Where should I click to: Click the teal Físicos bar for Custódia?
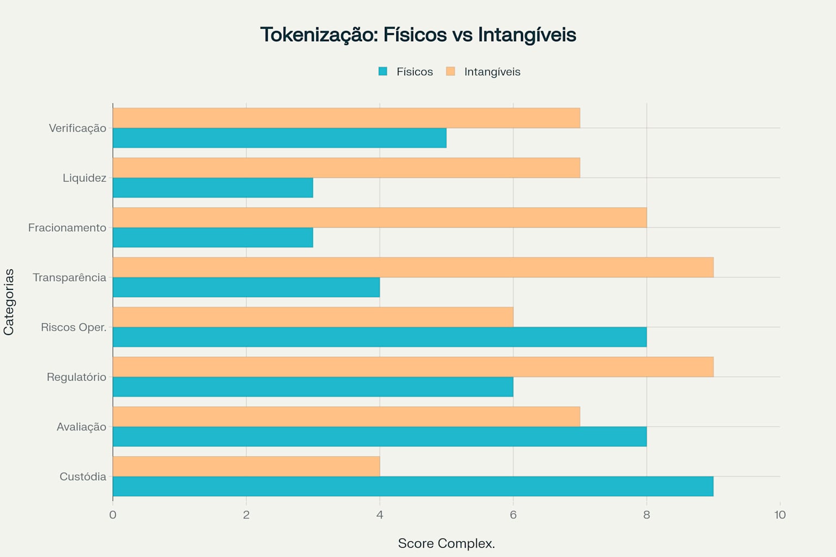(x=413, y=486)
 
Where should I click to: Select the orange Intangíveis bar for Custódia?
(x=246, y=466)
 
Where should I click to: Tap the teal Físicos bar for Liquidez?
(x=212, y=188)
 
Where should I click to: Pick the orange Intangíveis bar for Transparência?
(x=413, y=267)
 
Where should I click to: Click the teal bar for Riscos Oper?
(x=379, y=337)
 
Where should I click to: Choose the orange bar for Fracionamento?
(x=379, y=218)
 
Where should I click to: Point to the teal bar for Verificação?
(x=279, y=138)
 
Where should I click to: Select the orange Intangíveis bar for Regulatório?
(x=413, y=367)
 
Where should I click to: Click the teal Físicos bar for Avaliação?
(x=379, y=436)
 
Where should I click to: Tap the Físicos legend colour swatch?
(x=383, y=71)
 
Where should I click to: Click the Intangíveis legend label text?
(x=492, y=72)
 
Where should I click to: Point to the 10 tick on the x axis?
(x=779, y=515)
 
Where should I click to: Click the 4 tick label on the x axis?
(x=379, y=515)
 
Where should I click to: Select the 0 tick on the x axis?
(x=113, y=515)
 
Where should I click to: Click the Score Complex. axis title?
(x=446, y=543)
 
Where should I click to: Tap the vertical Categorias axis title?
(x=9, y=302)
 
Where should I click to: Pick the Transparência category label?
(x=69, y=277)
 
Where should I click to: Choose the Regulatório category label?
(x=76, y=377)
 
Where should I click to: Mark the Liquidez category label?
(x=84, y=178)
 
